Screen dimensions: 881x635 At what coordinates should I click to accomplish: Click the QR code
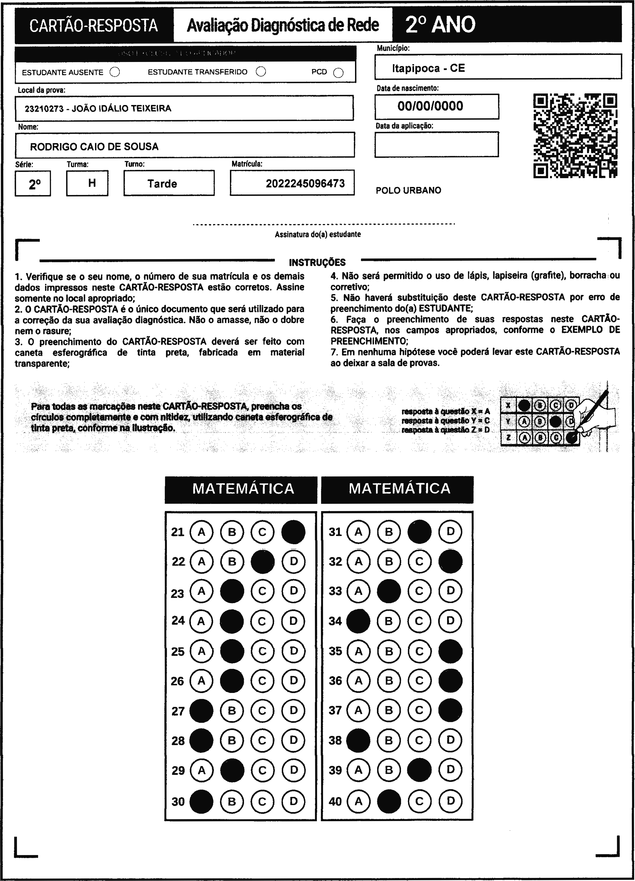tap(575, 136)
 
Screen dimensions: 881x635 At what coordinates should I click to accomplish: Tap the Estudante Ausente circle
tap(115, 72)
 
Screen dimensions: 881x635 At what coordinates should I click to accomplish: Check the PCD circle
tap(338, 73)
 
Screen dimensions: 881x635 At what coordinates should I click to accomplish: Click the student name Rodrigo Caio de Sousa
tap(94, 147)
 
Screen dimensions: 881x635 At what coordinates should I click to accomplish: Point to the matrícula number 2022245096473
tap(305, 183)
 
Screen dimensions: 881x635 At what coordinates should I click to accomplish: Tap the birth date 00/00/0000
tap(430, 106)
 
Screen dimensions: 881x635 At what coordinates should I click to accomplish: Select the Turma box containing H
tap(87, 183)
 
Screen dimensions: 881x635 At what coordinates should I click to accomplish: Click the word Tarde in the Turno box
tap(162, 184)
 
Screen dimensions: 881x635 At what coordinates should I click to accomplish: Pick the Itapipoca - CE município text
tap(428, 68)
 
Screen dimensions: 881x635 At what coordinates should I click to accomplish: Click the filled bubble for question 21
tap(293, 532)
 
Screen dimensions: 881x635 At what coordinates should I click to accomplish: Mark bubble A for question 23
tap(201, 591)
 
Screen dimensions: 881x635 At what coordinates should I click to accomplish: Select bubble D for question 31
tap(450, 531)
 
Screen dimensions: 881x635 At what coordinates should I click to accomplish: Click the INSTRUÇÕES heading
tap(317, 262)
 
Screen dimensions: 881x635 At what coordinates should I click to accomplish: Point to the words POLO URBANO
tap(408, 190)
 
